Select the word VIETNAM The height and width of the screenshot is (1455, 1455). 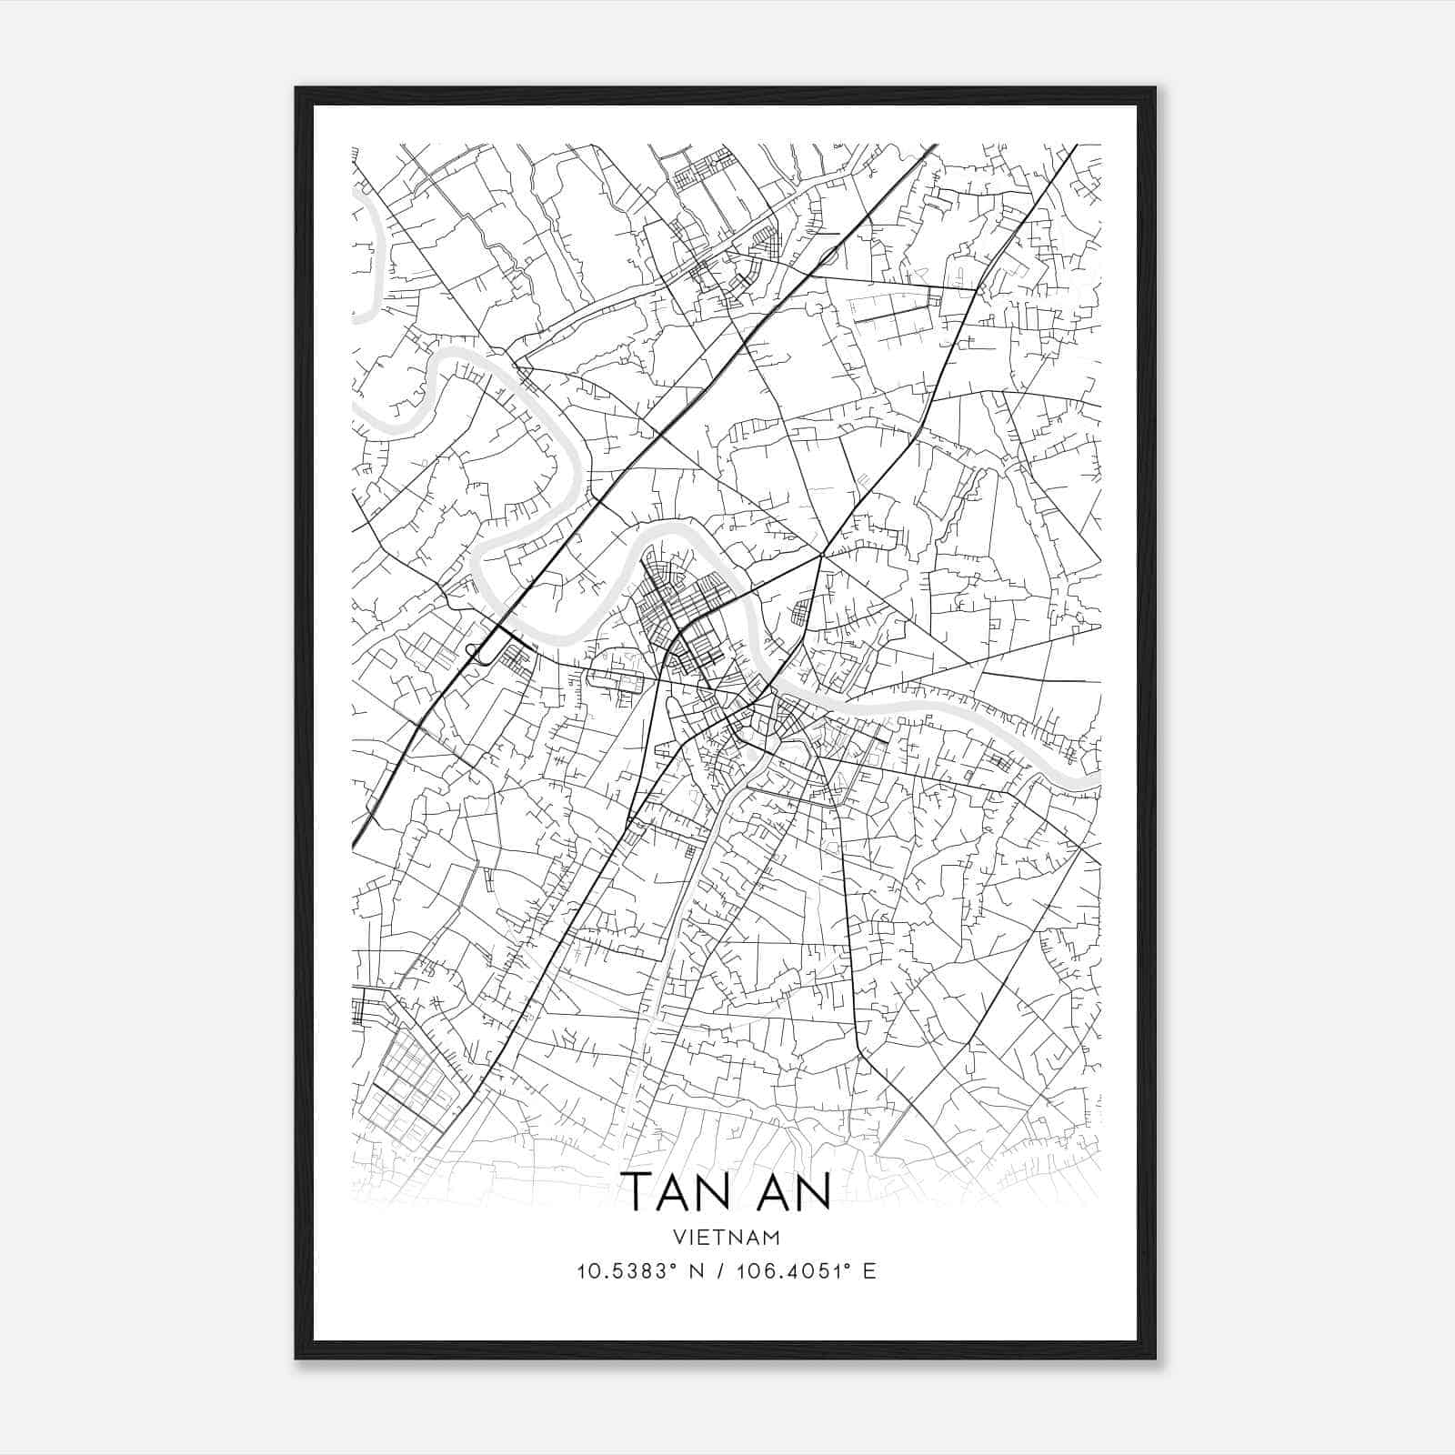click(727, 1237)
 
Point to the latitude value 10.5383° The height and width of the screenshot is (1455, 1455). click(627, 1271)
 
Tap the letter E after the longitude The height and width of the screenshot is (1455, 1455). click(869, 1271)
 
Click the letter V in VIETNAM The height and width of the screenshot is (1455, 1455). click(681, 1237)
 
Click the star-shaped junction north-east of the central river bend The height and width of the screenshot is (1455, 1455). click(821, 554)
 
